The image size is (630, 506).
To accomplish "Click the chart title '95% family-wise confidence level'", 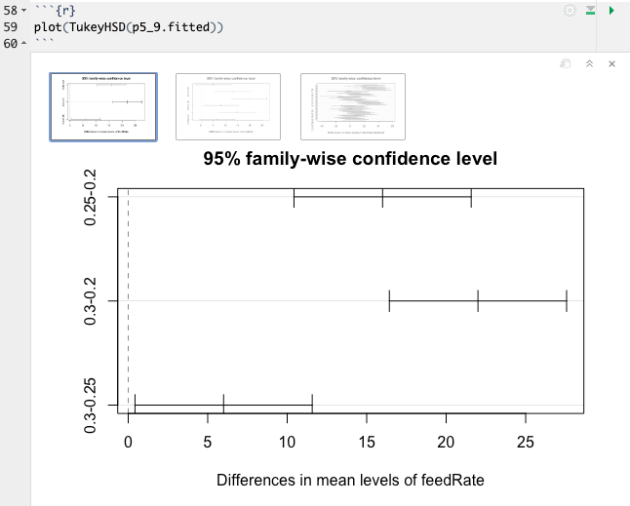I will [x=350, y=159].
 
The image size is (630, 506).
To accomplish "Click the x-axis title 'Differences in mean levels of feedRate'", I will [x=350, y=480].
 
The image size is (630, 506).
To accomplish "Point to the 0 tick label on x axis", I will [x=129, y=443].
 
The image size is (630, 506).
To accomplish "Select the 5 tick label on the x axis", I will [x=208, y=443].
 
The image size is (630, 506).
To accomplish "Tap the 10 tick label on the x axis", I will [x=287, y=443].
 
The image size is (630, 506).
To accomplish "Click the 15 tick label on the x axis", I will [x=367, y=443].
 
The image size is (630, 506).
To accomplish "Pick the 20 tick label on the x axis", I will [x=446, y=443].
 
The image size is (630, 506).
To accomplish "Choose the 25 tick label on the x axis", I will [x=526, y=443].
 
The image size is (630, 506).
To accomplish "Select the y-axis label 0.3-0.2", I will [x=91, y=301].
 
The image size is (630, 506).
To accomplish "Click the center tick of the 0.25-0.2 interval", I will [x=382, y=197].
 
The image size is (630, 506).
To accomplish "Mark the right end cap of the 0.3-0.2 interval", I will [x=567, y=301].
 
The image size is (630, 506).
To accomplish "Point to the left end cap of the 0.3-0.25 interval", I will [x=135, y=405].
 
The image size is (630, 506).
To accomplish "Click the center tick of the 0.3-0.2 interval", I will [x=478, y=301].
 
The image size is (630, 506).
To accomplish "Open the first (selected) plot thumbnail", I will [x=103, y=106].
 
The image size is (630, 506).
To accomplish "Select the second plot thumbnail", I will [x=228, y=106].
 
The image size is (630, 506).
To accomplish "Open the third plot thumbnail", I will [x=353, y=106].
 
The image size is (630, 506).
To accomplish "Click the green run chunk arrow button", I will [x=611, y=10].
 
